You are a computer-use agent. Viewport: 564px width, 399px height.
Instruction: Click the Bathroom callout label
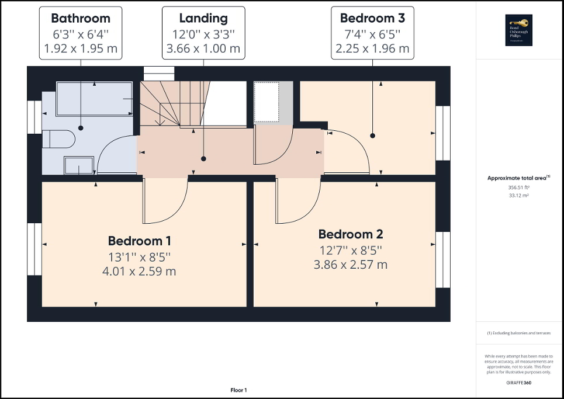pyautogui.click(x=80, y=18)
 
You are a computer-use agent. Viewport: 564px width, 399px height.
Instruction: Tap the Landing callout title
pyautogui.click(x=203, y=18)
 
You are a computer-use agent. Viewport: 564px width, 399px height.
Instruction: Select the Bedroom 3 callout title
pyautogui.click(x=372, y=18)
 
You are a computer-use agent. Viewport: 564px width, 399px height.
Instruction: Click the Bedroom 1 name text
pyautogui.click(x=139, y=241)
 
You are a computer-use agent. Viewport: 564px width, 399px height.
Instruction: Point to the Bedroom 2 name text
pyautogui.click(x=350, y=234)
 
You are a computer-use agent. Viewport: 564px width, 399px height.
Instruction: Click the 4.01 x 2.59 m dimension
pyautogui.click(x=139, y=271)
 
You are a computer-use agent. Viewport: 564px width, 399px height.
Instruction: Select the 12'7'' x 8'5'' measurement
pyautogui.click(x=350, y=250)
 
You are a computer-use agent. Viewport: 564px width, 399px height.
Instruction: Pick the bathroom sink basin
pyautogui.click(x=79, y=165)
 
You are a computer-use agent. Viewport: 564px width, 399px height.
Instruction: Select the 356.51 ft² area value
pyautogui.click(x=520, y=188)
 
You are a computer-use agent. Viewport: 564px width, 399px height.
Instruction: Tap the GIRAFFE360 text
pyautogui.click(x=518, y=382)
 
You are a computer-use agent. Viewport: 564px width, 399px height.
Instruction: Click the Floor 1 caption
pyautogui.click(x=238, y=390)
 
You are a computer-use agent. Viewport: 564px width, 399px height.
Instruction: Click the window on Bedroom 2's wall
pyautogui.click(x=443, y=259)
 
